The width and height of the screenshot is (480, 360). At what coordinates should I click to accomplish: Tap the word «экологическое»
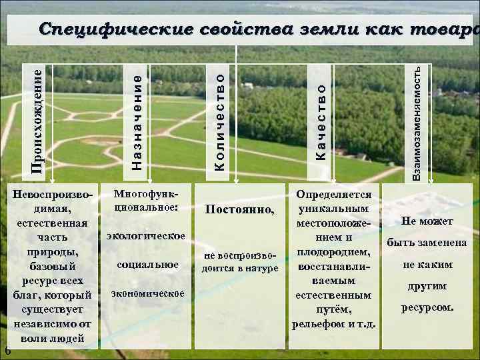(x=146, y=236)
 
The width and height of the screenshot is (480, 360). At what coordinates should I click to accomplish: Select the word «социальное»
(x=147, y=265)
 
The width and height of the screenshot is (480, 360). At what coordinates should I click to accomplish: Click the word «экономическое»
(x=147, y=293)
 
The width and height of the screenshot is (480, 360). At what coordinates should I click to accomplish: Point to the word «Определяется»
(x=334, y=194)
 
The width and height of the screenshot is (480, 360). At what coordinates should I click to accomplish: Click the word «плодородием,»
(x=334, y=251)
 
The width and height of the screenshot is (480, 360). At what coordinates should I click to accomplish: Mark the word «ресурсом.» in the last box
(x=427, y=307)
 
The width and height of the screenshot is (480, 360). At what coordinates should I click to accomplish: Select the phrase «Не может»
(x=427, y=221)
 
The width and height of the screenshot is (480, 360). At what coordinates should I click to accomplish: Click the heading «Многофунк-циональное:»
(x=147, y=200)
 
